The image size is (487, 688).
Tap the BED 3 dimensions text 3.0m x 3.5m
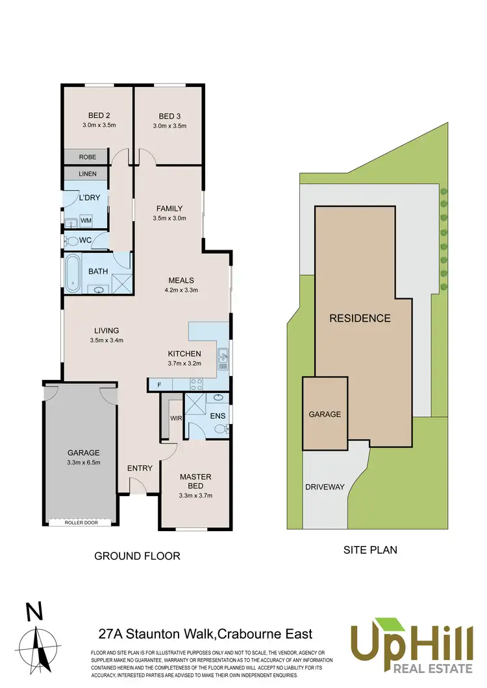(x=169, y=126)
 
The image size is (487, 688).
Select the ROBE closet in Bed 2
(x=88, y=157)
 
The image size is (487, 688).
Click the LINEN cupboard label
(x=88, y=174)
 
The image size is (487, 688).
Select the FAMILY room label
(x=169, y=209)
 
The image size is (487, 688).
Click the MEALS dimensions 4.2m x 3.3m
(x=181, y=290)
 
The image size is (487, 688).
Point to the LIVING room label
(x=106, y=331)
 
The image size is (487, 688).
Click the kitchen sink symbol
(x=223, y=356)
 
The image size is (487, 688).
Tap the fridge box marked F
(x=160, y=385)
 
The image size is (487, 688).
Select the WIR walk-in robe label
(x=175, y=418)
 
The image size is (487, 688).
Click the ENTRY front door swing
(x=138, y=485)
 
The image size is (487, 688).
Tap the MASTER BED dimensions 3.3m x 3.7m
(x=195, y=495)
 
